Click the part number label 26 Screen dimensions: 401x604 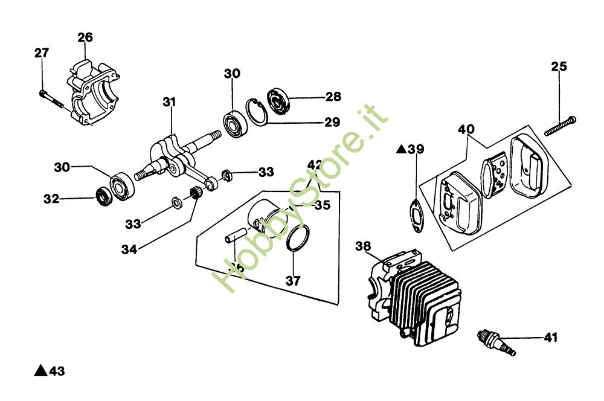pos(85,37)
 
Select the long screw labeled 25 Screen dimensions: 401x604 pos(561,125)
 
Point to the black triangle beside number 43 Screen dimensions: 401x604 pos(40,370)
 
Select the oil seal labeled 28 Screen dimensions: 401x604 pos(279,100)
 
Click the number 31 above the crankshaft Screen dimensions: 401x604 pos(169,103)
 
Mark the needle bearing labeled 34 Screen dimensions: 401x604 pos(195,194)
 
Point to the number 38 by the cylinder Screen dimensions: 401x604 pos(363,246)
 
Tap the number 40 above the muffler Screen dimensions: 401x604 pos(466,129)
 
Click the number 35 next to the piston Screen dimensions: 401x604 pos(323,205)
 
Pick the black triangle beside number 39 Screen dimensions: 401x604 pos(400,149)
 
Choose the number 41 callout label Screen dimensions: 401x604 pos(551,337)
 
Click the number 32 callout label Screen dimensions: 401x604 pos(51,198)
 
